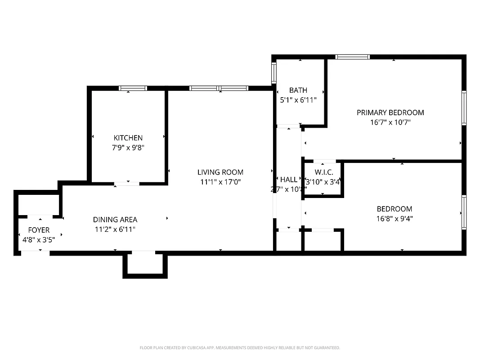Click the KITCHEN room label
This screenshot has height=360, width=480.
click(128, 138)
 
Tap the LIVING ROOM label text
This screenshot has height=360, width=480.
click(220, 172)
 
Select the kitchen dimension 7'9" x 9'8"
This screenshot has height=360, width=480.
click(128, 148)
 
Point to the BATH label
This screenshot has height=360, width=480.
click(298, 90)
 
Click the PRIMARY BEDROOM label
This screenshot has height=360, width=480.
click(390, 112)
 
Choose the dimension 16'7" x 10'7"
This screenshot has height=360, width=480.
click(390, 122)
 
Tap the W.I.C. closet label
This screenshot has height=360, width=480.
click(324, 172)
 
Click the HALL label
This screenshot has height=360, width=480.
click(288, 180)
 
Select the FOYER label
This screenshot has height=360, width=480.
click(39, 230)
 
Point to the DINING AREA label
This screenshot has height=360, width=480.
click(115, 220)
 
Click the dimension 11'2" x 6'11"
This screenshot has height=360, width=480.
click(115, 229)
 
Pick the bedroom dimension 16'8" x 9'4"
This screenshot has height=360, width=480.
click(395, 219)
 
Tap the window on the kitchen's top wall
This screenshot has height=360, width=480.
click(133, 88)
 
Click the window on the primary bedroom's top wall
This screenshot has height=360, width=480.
click(353, 57)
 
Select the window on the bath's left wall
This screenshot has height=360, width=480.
click(274, 72)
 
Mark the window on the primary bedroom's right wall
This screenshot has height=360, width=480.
click(464, 108)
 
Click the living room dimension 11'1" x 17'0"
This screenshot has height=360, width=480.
click(220, 182)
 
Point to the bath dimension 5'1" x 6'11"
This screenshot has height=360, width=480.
click(298, 100)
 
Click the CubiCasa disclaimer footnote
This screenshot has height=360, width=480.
click(240, 348)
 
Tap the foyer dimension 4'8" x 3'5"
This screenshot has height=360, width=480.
click(39, 239)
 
